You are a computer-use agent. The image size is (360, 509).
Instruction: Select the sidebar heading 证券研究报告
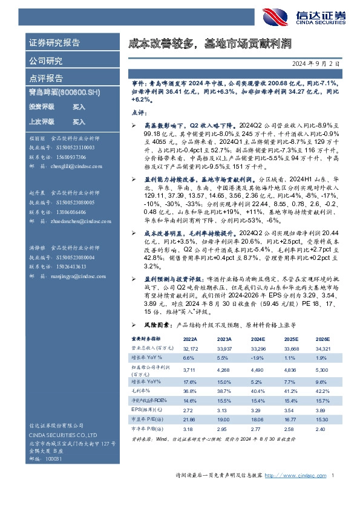pyautogui.click(x=55, y=43)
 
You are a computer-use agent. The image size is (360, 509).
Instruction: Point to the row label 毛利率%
pyautogui.click(x=141, y=392)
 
